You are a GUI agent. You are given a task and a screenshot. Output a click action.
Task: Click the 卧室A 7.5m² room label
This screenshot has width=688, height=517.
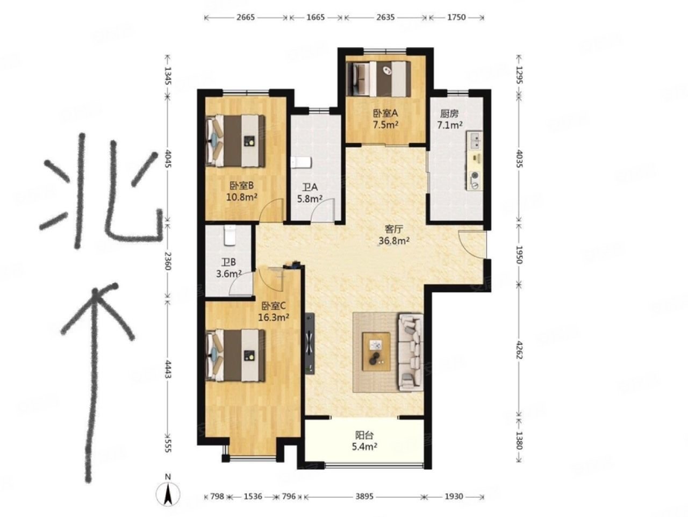385,119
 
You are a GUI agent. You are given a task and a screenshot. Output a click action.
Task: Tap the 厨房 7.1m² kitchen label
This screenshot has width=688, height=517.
450,119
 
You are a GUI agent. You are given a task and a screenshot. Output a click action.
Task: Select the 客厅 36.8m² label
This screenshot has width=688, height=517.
394,235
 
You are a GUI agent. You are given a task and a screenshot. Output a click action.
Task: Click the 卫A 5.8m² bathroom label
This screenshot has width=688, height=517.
310,193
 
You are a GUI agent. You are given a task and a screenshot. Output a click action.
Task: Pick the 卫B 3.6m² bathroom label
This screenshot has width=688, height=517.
228,268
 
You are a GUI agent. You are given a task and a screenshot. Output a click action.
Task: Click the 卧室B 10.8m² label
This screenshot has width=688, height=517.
242,191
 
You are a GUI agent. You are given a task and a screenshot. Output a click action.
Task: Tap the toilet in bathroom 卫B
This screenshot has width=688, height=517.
230,235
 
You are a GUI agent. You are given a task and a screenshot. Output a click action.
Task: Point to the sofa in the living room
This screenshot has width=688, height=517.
410,352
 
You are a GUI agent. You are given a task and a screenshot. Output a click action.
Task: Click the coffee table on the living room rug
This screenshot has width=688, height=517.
376,351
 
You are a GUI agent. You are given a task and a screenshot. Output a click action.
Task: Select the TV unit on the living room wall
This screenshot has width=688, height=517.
310,343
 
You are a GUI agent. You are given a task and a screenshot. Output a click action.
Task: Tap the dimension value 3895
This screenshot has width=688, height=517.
364,497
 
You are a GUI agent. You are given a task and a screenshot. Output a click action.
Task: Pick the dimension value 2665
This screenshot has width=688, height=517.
246,17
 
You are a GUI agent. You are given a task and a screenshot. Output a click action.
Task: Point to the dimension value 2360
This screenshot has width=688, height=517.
167,261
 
